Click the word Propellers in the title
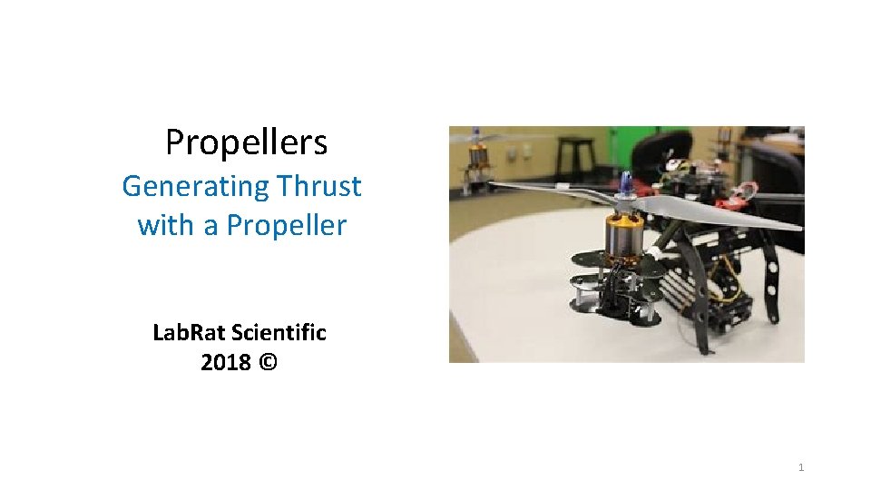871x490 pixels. [246, 142]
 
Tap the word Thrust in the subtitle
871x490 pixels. [319, 186]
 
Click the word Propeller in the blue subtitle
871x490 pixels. [287, 224]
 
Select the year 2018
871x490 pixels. [226, 363]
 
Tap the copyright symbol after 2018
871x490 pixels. [269, 363]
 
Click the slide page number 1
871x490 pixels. [801, 467]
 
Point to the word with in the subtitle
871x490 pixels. [167, 224]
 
